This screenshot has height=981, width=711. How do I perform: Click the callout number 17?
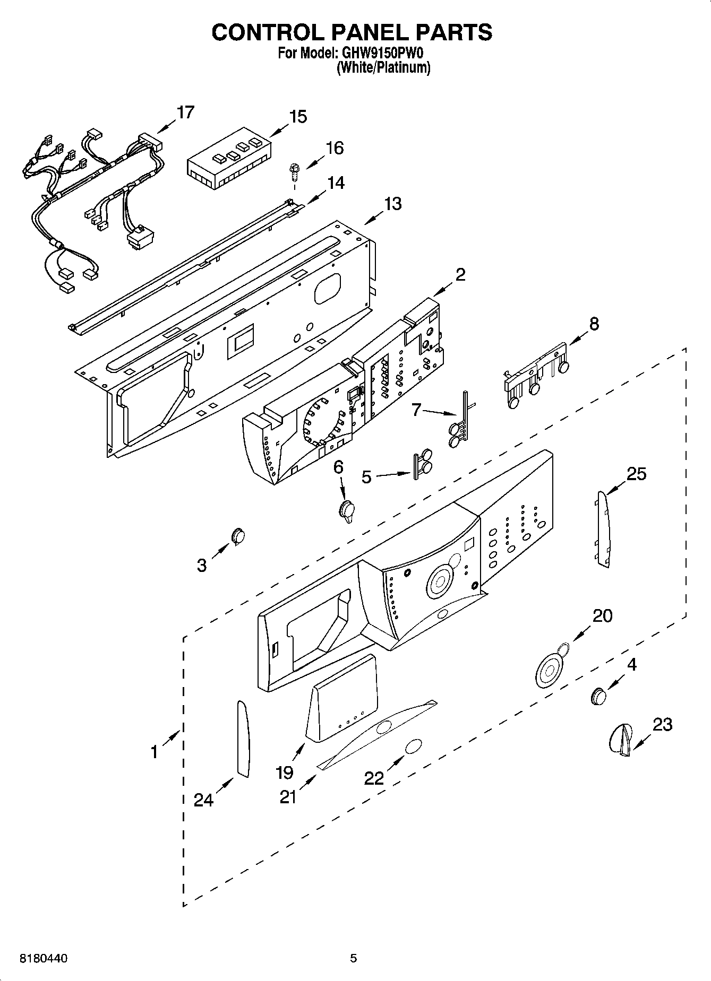pos(185,112)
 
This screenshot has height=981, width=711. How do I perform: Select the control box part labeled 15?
pos(228,158)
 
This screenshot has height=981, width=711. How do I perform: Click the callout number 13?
pos(393,204)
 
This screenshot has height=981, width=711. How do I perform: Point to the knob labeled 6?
pos(347,510)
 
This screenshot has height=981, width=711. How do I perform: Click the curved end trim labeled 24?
pos(242,739)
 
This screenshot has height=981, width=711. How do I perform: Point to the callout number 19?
pos(285,772)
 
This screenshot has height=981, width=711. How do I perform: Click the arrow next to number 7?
pos(440,412)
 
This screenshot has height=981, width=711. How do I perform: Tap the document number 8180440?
pos(44,958)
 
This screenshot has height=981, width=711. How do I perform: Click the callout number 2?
pos(460,274)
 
